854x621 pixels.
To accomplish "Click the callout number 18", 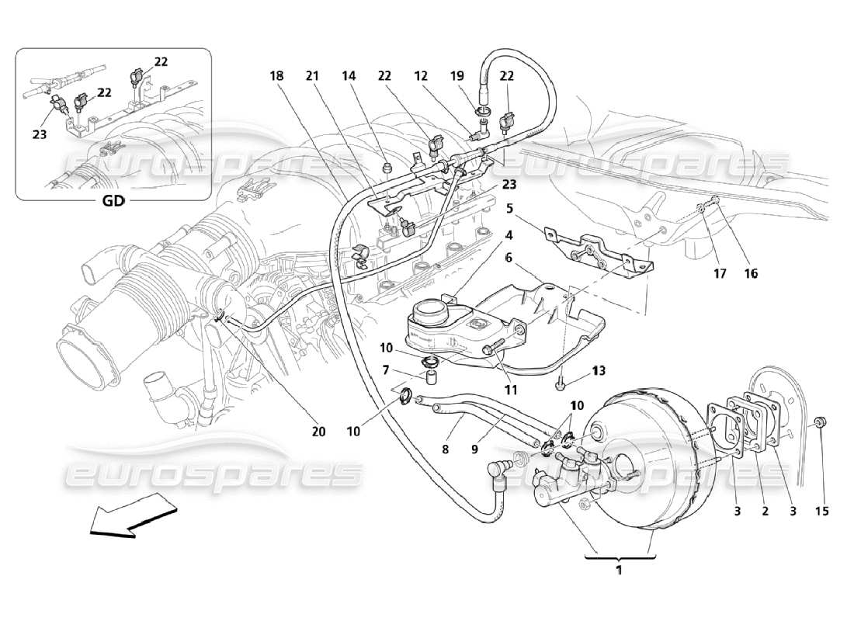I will [276, 76].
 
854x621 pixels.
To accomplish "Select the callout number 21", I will [312, 76].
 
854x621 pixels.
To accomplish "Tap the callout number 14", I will [348, 76].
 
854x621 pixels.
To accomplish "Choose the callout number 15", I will [821, 511].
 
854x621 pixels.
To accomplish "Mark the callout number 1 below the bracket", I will [619, 570].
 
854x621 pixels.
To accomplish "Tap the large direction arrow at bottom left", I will [132, 515].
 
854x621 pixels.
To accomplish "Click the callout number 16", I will [751, 273].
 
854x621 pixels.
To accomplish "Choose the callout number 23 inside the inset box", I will [40, 134].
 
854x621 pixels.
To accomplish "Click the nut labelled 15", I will [821, 423].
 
